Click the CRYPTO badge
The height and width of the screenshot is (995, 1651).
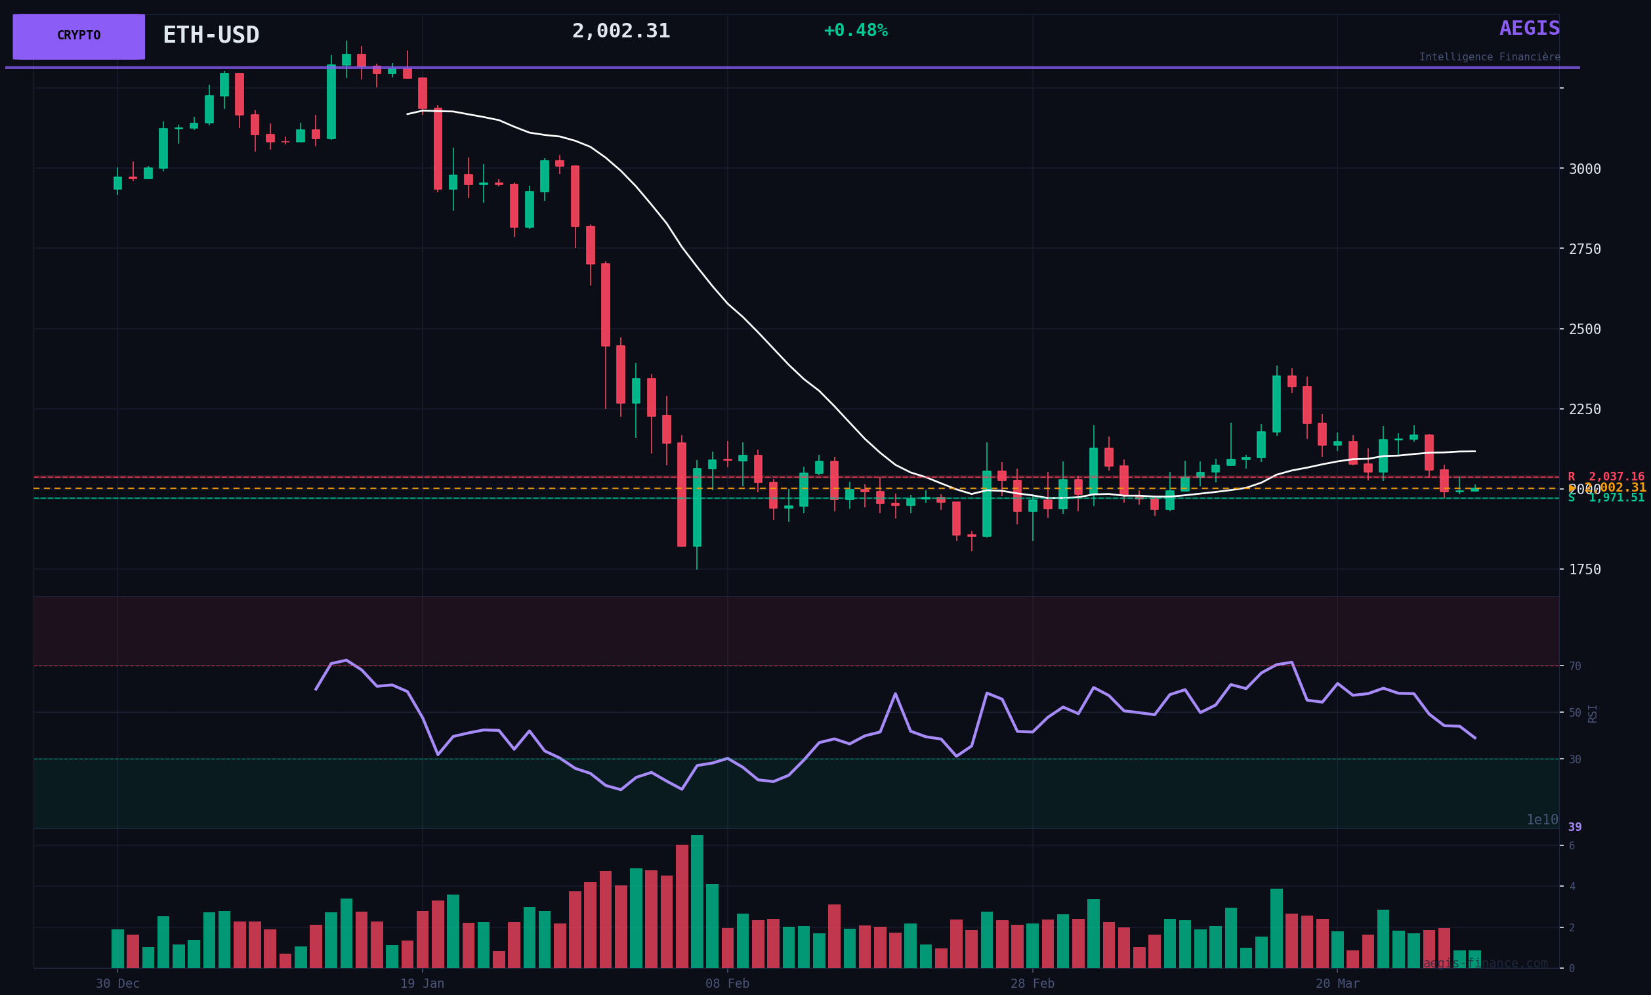click(x=78, y=36)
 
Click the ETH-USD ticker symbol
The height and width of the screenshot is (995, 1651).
click(x=211, y=35)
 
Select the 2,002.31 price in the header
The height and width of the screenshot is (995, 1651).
click(x=621, y=32)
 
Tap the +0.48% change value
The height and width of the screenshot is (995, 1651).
click(x=855, y=31)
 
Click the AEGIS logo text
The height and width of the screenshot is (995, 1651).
click(x=1529, y=29)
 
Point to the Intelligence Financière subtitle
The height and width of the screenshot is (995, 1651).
click(x=1489, y=58)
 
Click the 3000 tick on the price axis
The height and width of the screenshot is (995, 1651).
click(x=1585, y=169)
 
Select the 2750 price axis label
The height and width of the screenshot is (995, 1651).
click(x=1585, y=249)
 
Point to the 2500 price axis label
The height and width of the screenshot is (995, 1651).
click(x=1585, y=329)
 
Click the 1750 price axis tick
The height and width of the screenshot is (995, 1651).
click(x=1585, y=570)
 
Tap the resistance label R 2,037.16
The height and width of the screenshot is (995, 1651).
click(x=1606, y=477)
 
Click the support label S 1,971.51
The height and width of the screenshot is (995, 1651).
click(x=1606, y=498)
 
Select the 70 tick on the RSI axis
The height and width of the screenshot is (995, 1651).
click(x=1575, y=667)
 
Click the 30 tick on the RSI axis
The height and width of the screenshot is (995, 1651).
click(x=1575, y=760)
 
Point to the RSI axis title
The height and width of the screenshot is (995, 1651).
click(x=1593, y=713)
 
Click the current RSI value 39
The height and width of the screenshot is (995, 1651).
click(x=1575, y=828)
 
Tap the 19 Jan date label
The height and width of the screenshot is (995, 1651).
click(x=422, y=984)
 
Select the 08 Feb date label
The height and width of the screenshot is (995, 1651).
click(x=727, y=984)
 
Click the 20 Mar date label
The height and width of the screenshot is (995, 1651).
click(x=1337, y=984)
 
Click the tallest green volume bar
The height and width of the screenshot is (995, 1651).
click(x=697, y=902)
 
